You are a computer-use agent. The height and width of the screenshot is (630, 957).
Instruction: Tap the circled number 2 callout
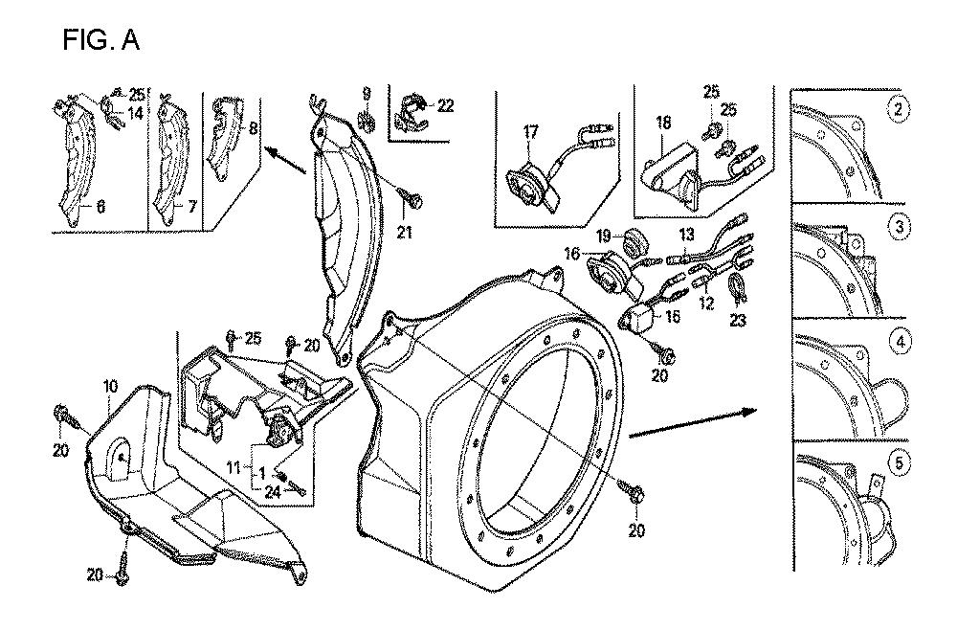tap(897, 108)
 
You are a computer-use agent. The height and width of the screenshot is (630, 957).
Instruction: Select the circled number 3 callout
tap(897, 228)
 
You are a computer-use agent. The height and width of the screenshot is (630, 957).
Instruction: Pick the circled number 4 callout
tap(897, 340)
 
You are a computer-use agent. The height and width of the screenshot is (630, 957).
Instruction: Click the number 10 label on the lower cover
tap(110, 386)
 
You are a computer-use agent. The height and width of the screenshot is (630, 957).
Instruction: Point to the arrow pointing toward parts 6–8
tap(288, 160)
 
